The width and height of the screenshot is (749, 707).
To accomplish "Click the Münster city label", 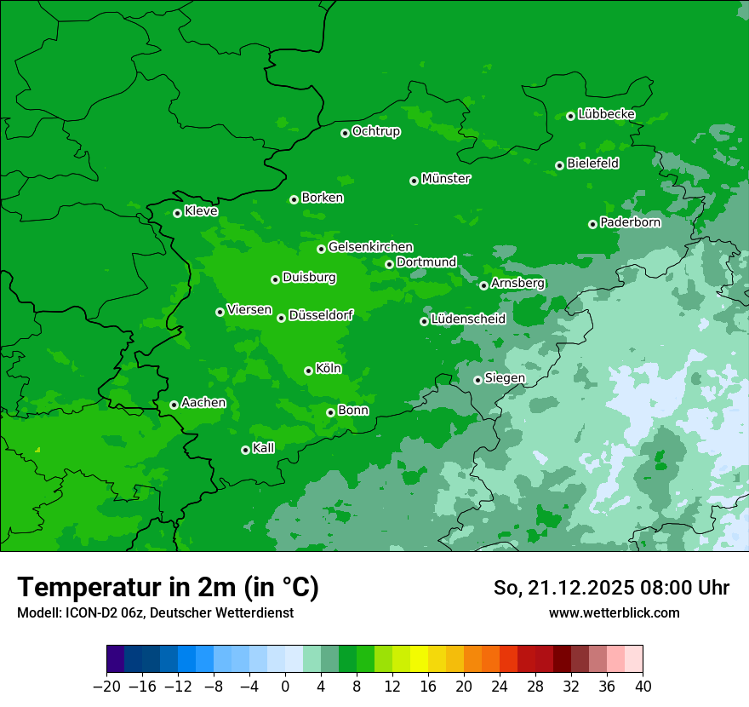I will pyautogui.click(x=446, y=179).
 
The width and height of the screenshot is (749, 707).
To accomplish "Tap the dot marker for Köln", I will pyautogui.click(x=308, y=371).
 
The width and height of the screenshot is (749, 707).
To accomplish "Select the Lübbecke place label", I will pyautogui.click(x=606, y=114).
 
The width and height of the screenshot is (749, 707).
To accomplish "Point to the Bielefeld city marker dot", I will pyautogui.click(x=559, y=165).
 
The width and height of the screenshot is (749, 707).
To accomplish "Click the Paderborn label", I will pyautogui.click(x=630, y=222).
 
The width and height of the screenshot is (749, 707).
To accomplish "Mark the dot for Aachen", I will pyautogui.click(x=174, y=405).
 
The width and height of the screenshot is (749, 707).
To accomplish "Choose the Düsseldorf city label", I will pyautogui.click(x=321, y=315).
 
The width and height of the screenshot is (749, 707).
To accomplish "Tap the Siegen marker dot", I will pyautogui.click(x=477, y=380).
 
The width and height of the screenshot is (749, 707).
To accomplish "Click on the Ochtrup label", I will pyautogui.click(x=375, y=131).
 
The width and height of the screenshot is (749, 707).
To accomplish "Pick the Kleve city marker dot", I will pyautogui.click(x=177, y=213).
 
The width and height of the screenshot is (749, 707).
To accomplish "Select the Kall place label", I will pyautogui.click(x=264, y=448).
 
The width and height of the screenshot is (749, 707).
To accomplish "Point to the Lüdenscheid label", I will pyautogui.click(x=468, y=319).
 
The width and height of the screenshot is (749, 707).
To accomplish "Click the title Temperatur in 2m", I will pyautogui.click(x=168, y=587).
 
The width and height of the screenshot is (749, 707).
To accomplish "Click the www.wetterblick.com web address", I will pyautogui.click(x=614, y=612).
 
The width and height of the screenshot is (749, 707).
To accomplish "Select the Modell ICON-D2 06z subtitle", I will pyautogui.click(x=155, y=613).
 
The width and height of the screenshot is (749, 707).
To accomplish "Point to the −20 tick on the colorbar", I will pyautogui.click(x=106, y=687).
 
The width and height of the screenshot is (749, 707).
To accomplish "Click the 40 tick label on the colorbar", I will pyautogui.click(x=643, y=687).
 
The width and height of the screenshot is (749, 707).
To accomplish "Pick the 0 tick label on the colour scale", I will pyautogui.click(x=285, y=687).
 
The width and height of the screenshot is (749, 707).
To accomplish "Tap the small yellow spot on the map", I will pyautogui.click(x=37, y=449).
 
